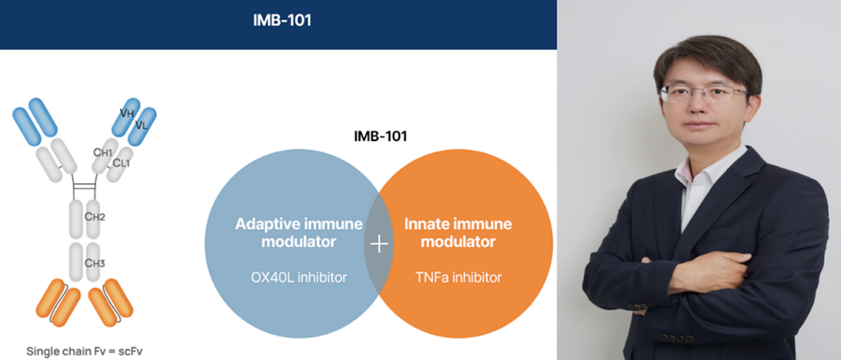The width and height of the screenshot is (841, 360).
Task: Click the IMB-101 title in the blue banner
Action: (x=281, y=21)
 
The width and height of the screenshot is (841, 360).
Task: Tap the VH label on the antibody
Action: (x=127, y=113)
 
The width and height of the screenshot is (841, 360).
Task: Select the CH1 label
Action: (x=102, y=152)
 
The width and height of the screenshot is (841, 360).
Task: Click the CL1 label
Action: (x=121, y=163)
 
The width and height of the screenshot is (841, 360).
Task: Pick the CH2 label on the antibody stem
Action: (x=95, y=217)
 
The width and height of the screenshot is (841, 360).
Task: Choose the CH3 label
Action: (x=95, y=264)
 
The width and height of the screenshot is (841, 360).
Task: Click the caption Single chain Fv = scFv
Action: (x=85, y=351)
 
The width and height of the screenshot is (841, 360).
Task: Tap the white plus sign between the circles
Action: (x=378, y=244)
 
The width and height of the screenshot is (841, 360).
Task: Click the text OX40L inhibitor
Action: (x=299, y=278)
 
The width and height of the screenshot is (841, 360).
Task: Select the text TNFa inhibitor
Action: (x=458, y=278)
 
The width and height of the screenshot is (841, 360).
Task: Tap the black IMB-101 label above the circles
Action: (x=380, y=137)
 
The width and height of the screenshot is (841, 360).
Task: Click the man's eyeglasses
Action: (x=703, y=95)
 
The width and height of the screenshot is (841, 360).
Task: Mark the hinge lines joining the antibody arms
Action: (x=85, y=187)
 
